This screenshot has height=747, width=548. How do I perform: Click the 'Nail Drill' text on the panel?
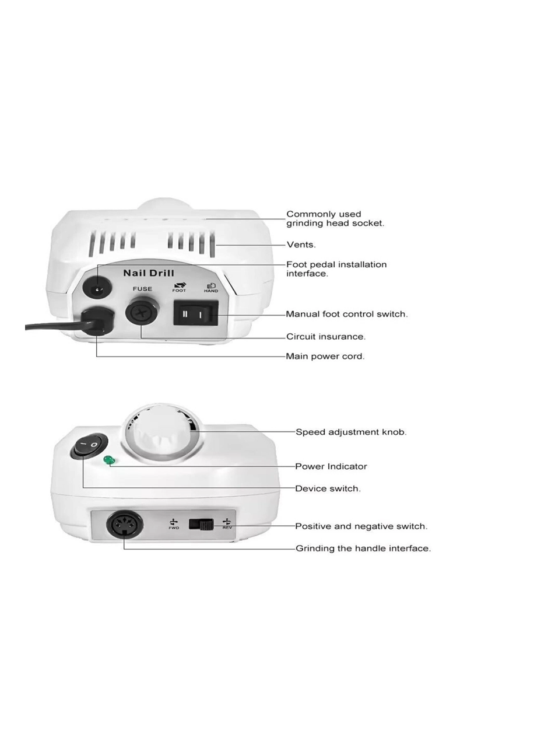coord(149,273)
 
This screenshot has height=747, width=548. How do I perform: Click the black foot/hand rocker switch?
coord(195,314)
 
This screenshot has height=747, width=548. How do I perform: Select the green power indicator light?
coord(108,462)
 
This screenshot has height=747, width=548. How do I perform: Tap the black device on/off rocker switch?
coord(90,446)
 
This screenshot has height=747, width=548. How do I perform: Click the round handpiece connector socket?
coord(124,526)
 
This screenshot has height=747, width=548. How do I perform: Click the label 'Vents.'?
coord(301,245)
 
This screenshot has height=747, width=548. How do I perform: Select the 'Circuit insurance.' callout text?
coord(326,337)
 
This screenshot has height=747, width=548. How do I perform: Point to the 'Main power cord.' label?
coord(325,356)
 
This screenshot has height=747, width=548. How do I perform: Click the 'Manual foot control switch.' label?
coord(346,314)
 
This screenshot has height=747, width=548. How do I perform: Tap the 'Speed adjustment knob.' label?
coord(351,432)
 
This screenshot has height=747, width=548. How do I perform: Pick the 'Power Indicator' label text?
coord(331,466)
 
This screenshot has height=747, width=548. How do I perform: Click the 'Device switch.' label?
coord(328,488)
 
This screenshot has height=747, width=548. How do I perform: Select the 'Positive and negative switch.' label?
coord(361,526)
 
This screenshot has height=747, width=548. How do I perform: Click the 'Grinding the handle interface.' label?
coord(363,549)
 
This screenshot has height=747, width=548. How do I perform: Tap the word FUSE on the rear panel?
coord(142,289)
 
